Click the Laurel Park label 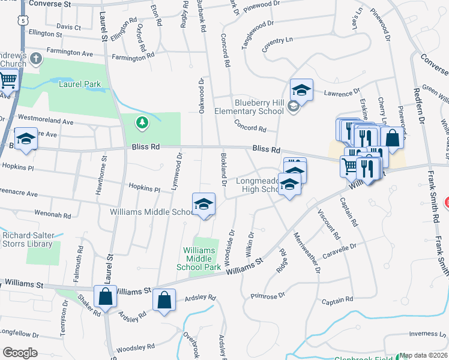point(79,85)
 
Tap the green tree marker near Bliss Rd point(142,123)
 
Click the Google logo point(20,353)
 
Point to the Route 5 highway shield point(23,20)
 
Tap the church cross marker point(35,59)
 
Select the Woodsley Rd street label point(135,347)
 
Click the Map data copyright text point(424,356)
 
